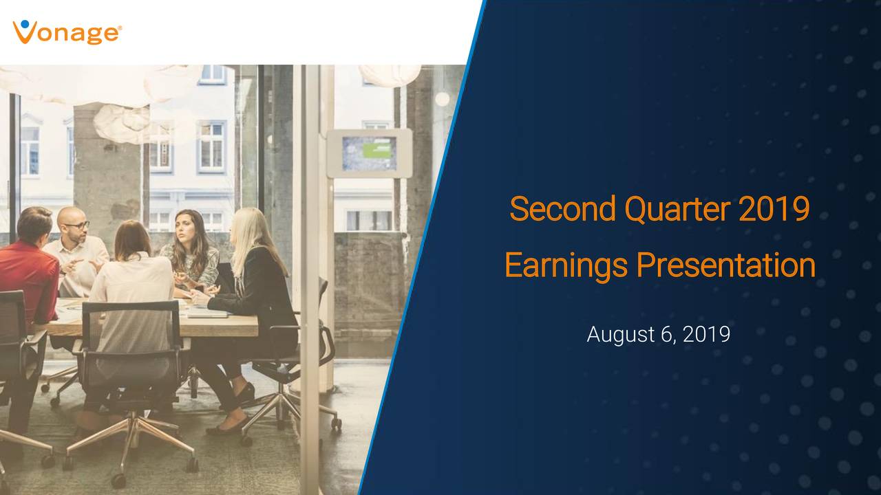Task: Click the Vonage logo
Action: pyautogui.click(x=67, y=32)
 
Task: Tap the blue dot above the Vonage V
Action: pyautogui.click(x=25, y=25)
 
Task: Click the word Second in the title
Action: pyautogui.click(x=562, y=210)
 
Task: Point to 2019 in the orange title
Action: pyautogui.click(x=773, y=210)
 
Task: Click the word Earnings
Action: pyautogui.click(x=565, y=265)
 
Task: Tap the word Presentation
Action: pyautogui.click(x=725, y=265)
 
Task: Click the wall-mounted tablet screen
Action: pyautogui.click(x=369, y=153)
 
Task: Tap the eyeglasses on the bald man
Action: pyautogui.click(x=76, y=225)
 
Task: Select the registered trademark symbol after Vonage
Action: pyautogui.click(x=121, y=28)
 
